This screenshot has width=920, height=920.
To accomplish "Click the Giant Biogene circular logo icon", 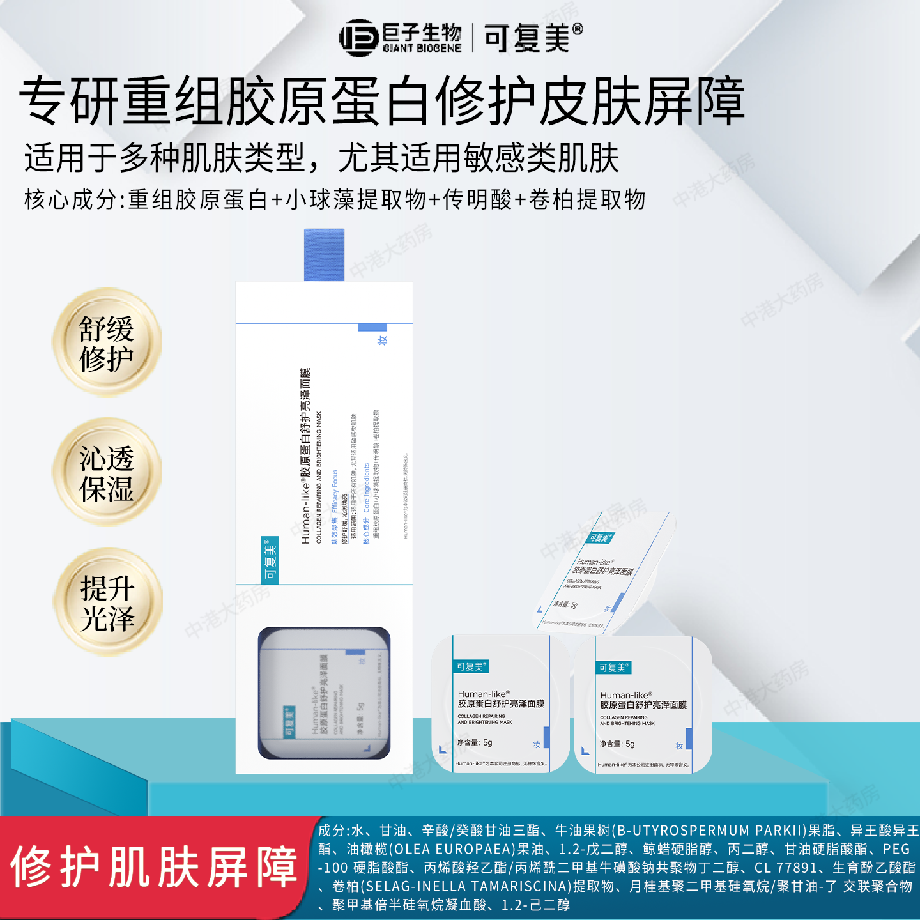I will pos(359,38).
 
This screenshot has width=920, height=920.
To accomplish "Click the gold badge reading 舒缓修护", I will pos(107,343).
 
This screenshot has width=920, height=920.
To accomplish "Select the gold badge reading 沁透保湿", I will pos(107,473).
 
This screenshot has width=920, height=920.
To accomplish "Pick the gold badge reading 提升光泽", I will pos(107,602).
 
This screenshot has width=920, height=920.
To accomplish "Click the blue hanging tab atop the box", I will pos(324,255).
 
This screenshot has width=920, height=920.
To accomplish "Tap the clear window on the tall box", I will pos(324,693).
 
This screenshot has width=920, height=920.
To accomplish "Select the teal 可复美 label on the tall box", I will pos(270,560).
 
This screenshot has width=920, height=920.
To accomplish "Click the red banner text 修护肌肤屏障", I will pos(153,868).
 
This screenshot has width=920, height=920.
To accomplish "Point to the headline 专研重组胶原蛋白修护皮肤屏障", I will pos(382,101).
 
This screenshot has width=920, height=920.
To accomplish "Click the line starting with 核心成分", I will pos(335,200).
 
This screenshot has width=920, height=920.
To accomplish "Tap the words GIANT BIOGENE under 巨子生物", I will pos(422,49).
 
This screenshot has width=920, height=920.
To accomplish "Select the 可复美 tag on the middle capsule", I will pos(471,666).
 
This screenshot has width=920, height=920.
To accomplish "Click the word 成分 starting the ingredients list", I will pos(332,831).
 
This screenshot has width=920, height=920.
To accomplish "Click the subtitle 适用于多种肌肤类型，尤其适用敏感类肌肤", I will pos(321,158).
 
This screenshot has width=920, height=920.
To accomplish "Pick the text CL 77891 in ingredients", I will pos(785,868).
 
